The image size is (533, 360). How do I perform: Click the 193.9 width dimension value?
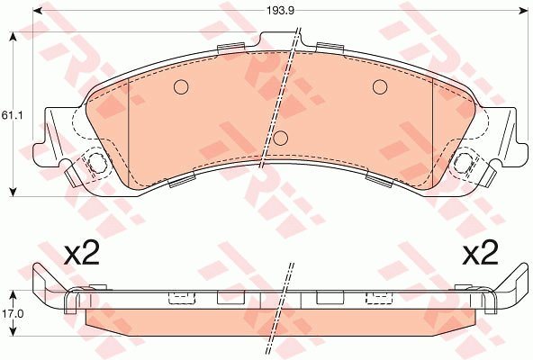tap(280, 11)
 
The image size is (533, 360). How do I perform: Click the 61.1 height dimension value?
tap(12, 115)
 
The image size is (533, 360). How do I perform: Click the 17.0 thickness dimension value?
tap(13, 314)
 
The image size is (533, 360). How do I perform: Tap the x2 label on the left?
tap(82, 253)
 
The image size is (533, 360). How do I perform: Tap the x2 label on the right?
tap(480, 253)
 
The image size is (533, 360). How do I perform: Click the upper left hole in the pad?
tap(181, 87)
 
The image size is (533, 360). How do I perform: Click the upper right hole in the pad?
tap(380, 87)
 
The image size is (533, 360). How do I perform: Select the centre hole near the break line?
tap(281, 138)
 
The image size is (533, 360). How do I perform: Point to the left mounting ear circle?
tap(97, 163)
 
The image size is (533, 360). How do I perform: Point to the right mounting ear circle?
tap(465, 163)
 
